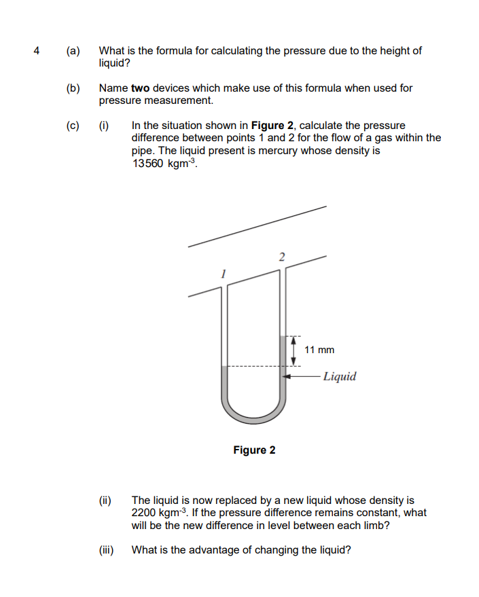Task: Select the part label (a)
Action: [73, 50]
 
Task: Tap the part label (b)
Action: [73, 88]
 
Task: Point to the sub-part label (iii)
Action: [106, 550]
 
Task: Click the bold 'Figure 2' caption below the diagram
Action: [254, 450]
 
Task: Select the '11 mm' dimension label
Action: [319, 350]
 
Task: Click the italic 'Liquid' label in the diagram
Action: [339, 376]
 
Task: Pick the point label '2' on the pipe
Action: [281, 256]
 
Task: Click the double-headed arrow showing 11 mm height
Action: [293, 350]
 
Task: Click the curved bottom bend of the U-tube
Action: [252, 415]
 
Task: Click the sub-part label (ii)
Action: [106, 500]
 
